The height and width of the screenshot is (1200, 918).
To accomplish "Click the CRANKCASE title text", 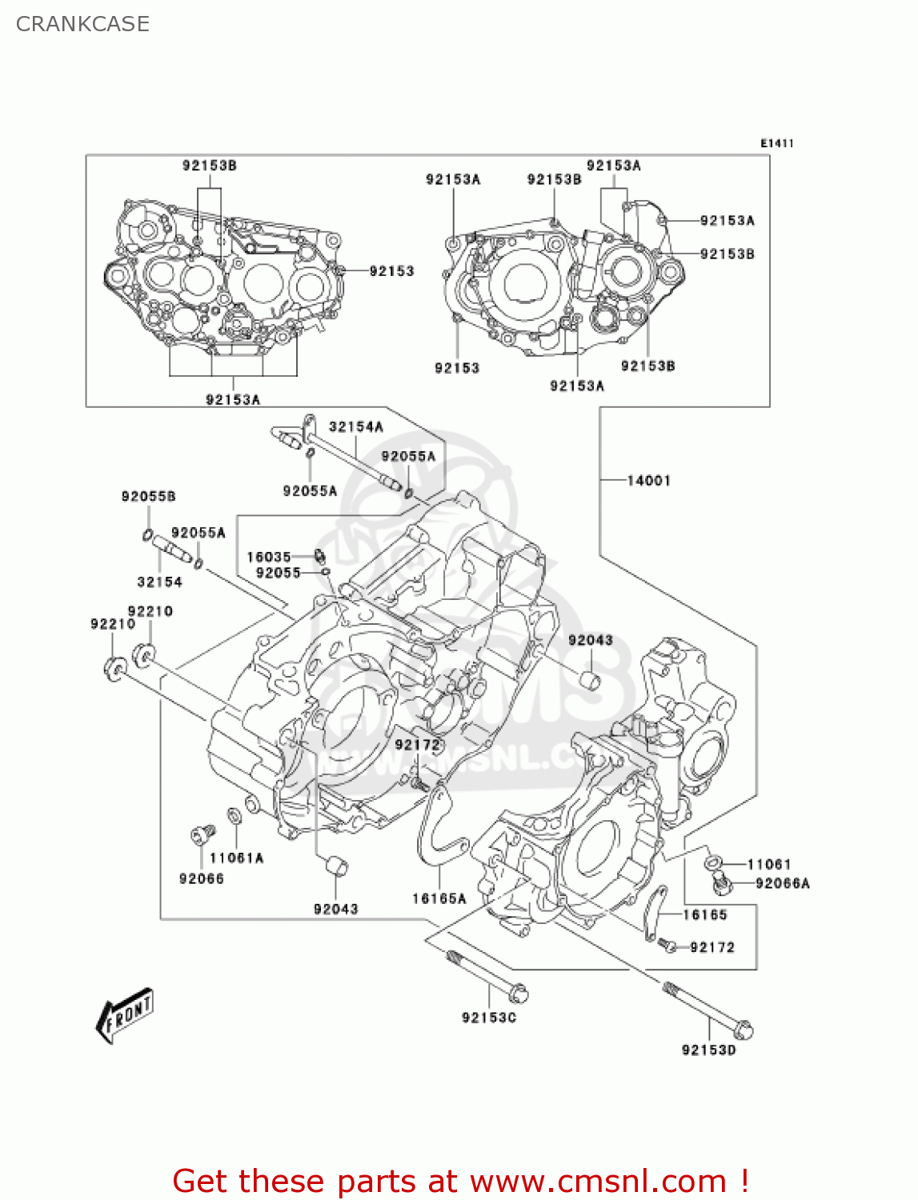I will point(82,24).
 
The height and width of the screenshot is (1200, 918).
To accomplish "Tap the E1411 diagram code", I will point(776,143).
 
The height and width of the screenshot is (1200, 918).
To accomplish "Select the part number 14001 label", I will point(648,480).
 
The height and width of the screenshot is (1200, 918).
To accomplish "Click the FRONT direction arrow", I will point(125,1016).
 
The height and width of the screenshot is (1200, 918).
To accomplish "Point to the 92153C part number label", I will point(489,1018).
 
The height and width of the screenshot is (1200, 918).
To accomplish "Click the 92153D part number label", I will point(708,1050).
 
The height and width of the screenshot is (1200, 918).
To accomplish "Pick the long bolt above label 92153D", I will point(708,1010).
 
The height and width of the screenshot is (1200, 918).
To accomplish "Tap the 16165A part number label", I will point(439,898).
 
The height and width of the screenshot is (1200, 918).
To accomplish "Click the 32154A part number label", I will point(356,427).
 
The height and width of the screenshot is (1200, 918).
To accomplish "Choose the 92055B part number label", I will point(148,497).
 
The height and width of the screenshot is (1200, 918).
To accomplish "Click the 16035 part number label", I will point(269,557).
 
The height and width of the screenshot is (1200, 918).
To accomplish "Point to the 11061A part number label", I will point(236,858).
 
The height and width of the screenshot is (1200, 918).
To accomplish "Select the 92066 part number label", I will point(202,878).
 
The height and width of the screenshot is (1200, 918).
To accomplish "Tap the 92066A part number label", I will point(782,883).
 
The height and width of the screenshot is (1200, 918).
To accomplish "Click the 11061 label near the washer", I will point(768,864).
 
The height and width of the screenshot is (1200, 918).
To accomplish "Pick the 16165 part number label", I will point(704,914).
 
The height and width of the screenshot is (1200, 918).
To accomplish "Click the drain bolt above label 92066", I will point(202,835).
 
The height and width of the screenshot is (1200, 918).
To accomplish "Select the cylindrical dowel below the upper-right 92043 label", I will point(591,681).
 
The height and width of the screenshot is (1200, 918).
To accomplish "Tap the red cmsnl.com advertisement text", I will point(460,1181).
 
